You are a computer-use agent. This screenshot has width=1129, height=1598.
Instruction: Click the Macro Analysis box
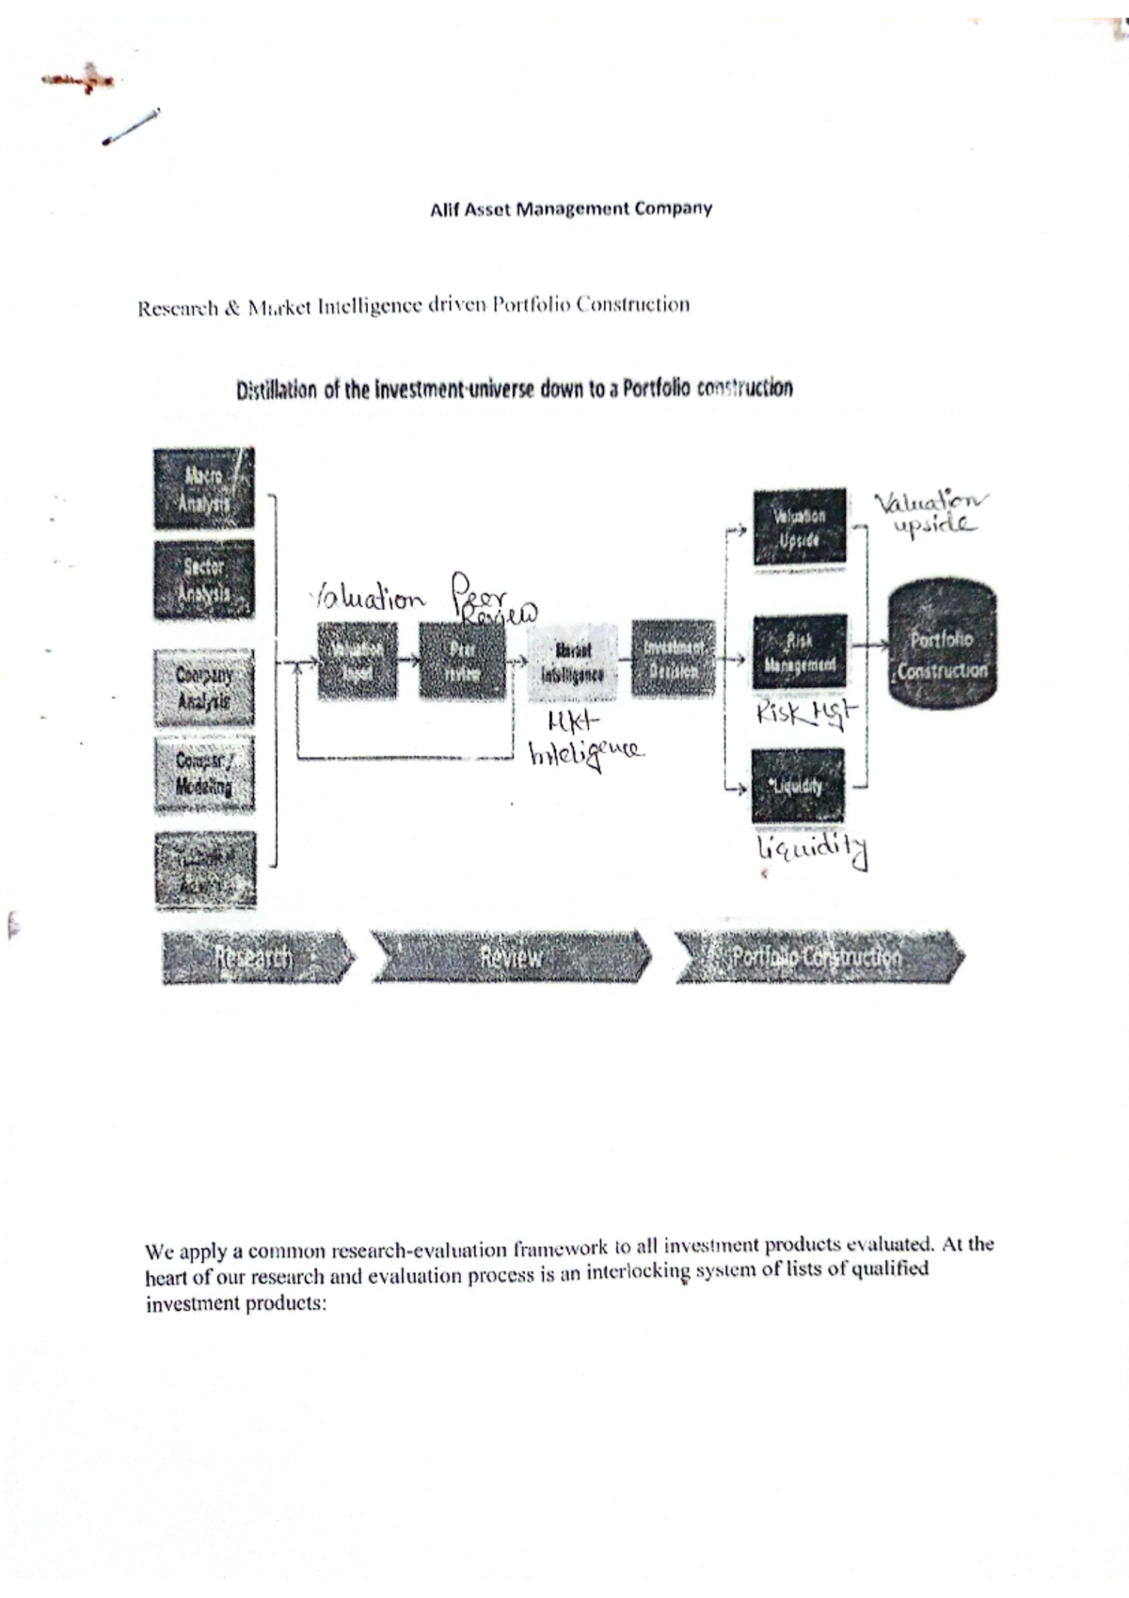click(204, 489)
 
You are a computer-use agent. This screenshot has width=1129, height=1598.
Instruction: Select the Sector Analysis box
click(204, 580)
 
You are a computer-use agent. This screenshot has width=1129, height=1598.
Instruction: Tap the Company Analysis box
click(204, 688)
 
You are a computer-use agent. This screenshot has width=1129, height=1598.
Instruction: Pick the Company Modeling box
click(204, 775)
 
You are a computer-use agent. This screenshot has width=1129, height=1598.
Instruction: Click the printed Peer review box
click(462, 661)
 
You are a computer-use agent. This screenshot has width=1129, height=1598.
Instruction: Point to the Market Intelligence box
click(573, 662)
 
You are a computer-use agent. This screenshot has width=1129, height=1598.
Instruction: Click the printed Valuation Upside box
click(799, 528)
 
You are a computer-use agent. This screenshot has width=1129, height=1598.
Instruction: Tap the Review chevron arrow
click(511, 957)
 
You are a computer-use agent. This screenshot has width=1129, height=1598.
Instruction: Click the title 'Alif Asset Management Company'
click(570, 209)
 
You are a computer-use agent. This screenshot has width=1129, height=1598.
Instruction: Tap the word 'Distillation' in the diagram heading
click(277, 390)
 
